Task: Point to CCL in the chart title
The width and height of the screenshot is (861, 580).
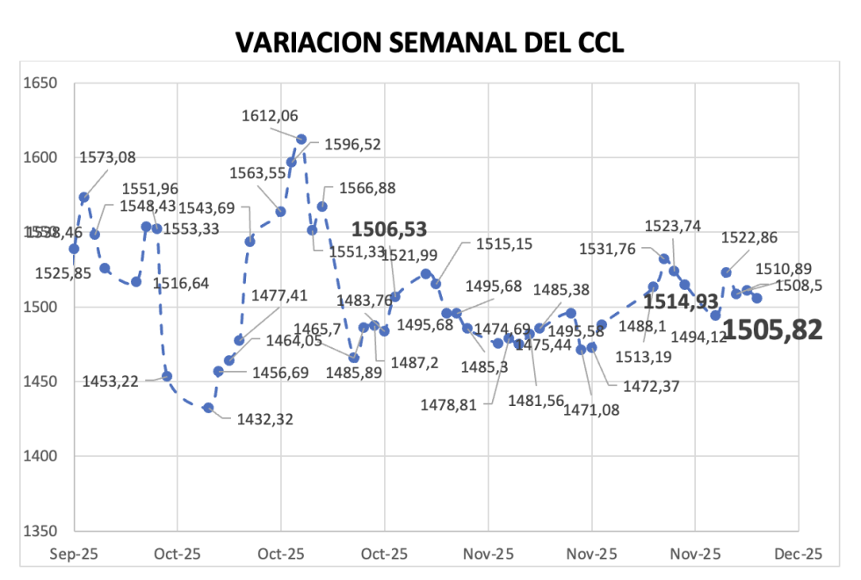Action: point(597,41)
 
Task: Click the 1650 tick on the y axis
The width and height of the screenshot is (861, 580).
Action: point(40,83)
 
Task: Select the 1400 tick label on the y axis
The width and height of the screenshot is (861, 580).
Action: point(40,456)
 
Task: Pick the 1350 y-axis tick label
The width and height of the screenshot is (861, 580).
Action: point(40,531)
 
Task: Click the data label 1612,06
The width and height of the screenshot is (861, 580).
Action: point(271,115)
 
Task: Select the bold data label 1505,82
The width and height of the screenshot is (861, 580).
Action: point(772,330)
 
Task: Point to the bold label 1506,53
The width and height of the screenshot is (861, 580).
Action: point(389,230)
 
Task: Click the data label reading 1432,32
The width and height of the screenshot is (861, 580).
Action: point(265,419)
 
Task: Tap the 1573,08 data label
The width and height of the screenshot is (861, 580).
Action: point(107,158)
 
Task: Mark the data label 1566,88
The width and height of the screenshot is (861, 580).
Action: point(355,188)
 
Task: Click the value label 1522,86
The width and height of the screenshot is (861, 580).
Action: point(749,237)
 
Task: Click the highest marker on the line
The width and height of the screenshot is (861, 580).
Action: point(301,139)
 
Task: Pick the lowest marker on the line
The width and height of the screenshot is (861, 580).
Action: point(208,408)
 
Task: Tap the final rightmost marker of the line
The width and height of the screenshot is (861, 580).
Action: point(756,298)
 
